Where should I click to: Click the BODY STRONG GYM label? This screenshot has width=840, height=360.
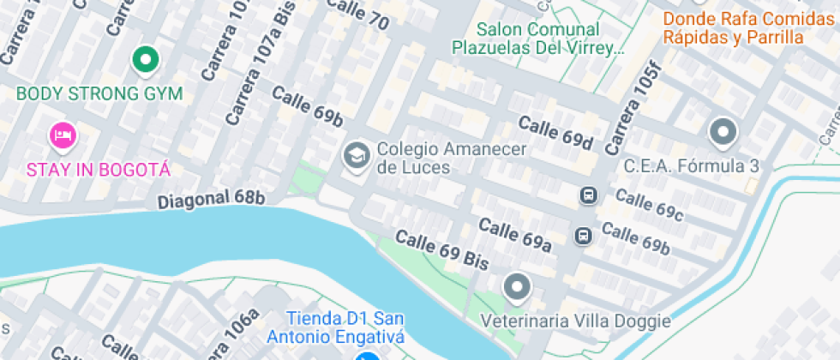coord(99,93)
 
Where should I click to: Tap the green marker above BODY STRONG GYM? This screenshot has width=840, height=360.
coord(146,60)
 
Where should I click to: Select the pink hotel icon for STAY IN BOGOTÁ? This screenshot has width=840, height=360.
coord(63,135)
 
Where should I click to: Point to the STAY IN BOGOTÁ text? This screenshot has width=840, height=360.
coord(99,168)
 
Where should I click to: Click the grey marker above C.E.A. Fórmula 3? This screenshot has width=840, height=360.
coord(723,132)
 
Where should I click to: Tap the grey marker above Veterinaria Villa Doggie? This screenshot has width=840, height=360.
coord(517,287)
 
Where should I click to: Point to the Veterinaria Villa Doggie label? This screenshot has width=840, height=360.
coord(575,321)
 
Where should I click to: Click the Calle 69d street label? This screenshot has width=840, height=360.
coord(555,132)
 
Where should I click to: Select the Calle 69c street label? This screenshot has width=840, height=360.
coord(649,206)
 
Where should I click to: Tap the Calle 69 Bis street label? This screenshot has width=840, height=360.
coord(441,249)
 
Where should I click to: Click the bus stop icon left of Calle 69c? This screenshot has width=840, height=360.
coord(589,195)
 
